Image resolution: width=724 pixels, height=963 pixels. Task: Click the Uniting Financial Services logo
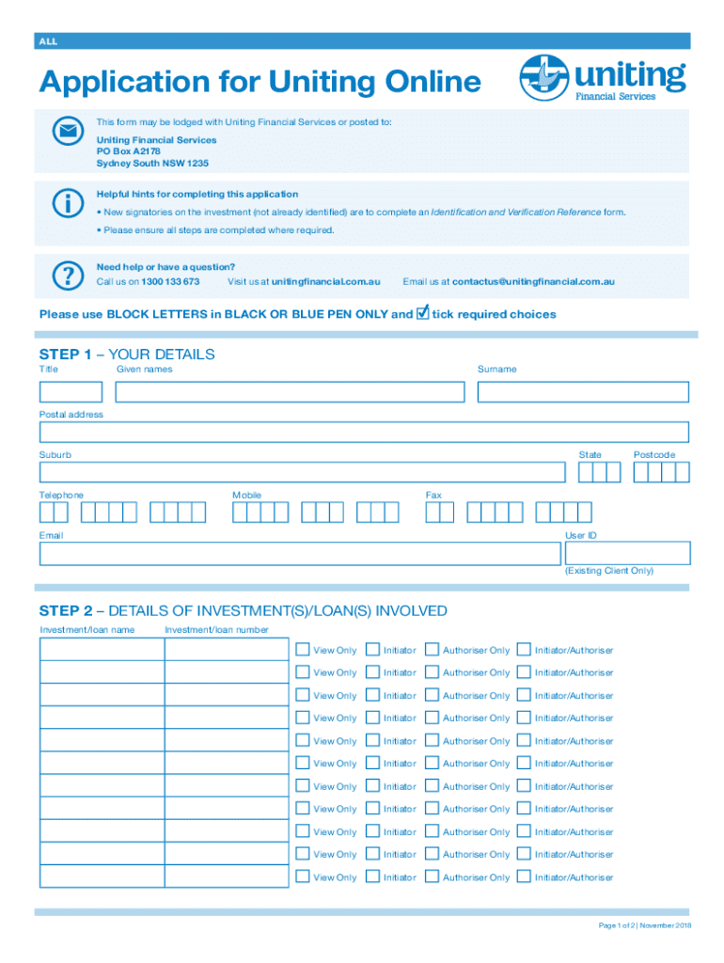pyautogui.click(x=603, y=80)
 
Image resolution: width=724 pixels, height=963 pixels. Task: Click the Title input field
pyautogui.click(x=71, y=392)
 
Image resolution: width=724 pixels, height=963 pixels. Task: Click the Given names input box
pyautogui.click(x=290, y=392)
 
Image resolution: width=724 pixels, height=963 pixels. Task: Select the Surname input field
pyautogui.click(x=583, y=392)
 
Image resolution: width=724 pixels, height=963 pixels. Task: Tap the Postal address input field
pyautogui.click(x=364, y=433)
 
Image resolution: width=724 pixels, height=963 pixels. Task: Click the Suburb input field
pyautogui.click(x=302, y=472)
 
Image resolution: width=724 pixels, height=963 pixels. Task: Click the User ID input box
pyautogui.click(x=627, y=553)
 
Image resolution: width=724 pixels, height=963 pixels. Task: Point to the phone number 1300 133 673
pyautogui.click(x=170, y=281)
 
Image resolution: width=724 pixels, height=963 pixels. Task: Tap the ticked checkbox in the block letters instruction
pyautogui.click(x=422, y=312)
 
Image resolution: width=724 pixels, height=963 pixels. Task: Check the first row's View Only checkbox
pyautogui.click(x=302, y=649)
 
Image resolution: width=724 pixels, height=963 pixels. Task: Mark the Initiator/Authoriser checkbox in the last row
pyautogui.click(x=524, y=876)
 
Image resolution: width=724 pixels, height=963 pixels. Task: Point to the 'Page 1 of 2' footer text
pyautogui.click(x=644, y=926)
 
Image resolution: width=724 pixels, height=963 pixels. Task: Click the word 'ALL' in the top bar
pyautogui.click(x=47, y=41)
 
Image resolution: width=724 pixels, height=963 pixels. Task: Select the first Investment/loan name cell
pyautogui.click(x=102, y=649)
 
